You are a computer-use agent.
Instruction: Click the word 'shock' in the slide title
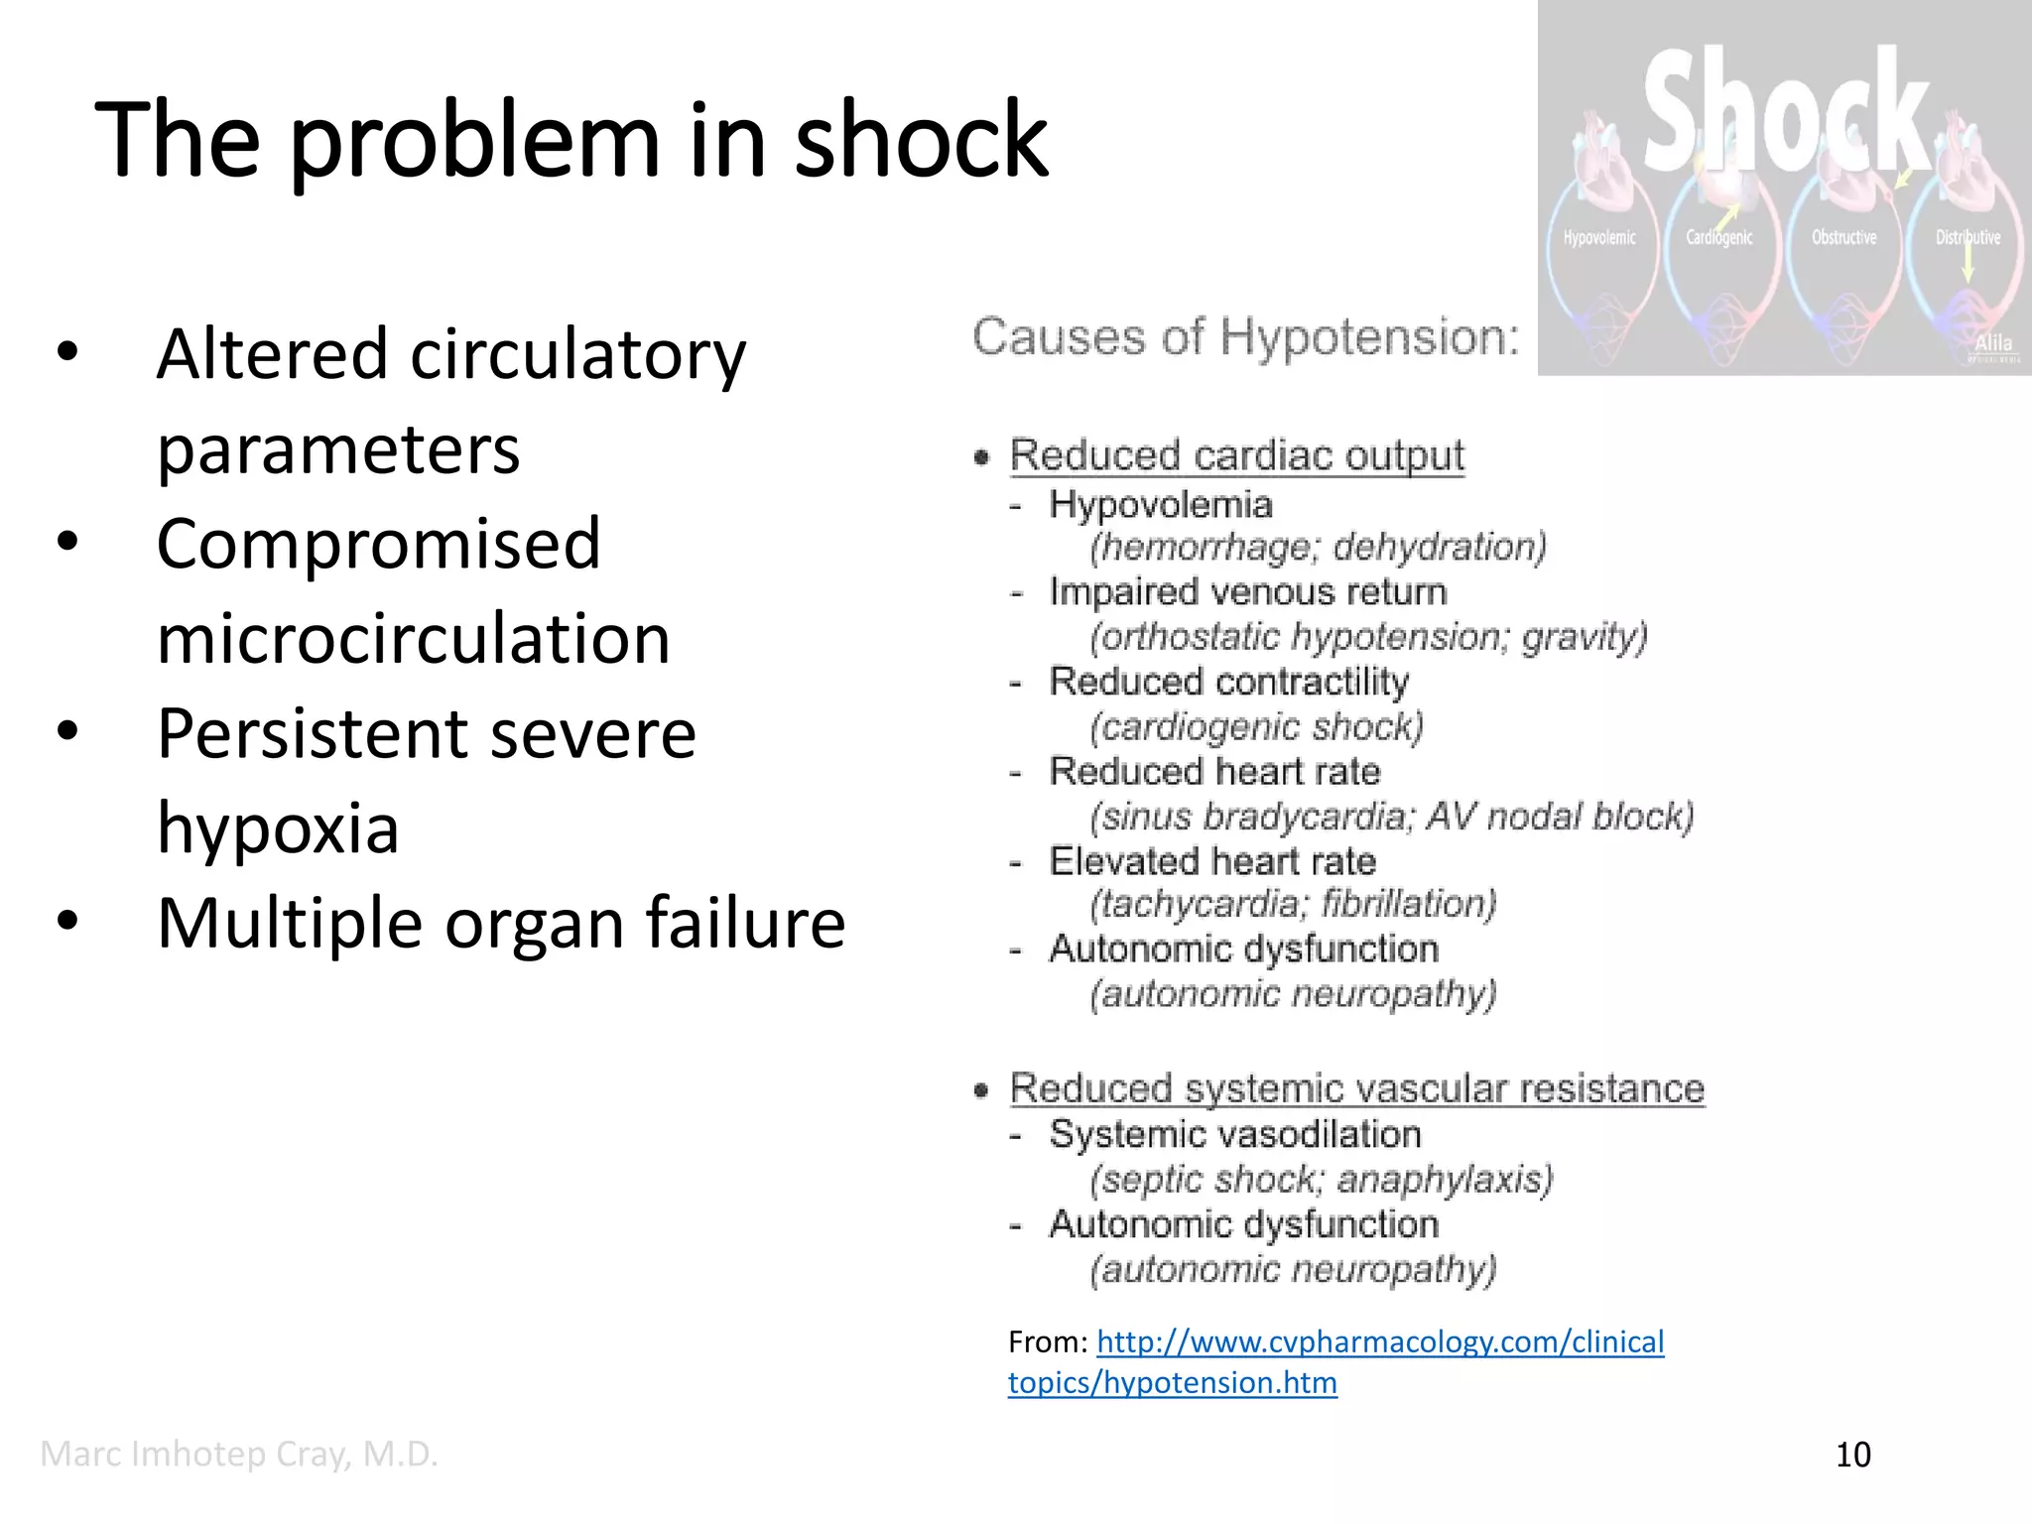pos(920,141)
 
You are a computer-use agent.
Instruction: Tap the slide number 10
pos(1852,1455)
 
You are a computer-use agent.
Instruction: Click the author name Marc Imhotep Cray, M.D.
pos(239,1455)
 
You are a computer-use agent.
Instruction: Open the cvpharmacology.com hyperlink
pos(1379,1342)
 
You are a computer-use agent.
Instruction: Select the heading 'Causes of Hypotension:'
pos(1245,337)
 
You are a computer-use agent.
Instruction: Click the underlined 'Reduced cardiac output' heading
pos(1236,455)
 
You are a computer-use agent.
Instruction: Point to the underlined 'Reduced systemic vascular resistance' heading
pos(1356,1088)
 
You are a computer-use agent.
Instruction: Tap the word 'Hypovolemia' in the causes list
pos(1160,505)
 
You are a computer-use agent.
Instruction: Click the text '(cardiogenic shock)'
pos(1256,727)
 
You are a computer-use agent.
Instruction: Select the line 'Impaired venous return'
pos(1247,592)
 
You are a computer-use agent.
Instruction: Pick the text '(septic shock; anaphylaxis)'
pos(1321,1180)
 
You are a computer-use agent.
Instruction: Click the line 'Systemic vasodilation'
pos(1234,1134)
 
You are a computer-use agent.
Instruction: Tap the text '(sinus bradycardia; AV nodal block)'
pos(1391,817)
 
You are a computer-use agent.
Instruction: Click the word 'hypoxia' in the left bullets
pos(278,828)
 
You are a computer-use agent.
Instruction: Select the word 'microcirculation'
pos(414,638)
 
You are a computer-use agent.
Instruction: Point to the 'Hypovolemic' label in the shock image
pos(1599,238)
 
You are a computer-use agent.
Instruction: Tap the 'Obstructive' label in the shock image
pos(1843,238)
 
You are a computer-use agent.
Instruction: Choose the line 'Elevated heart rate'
pos(1212,861)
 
